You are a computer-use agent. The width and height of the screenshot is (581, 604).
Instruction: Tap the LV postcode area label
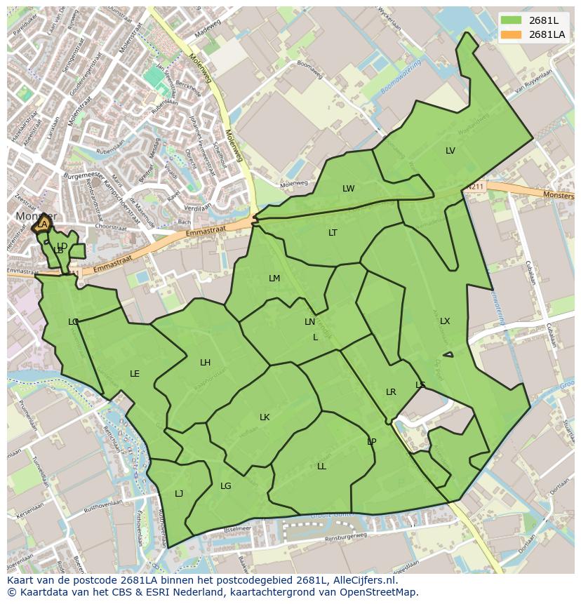(x=450, y=151)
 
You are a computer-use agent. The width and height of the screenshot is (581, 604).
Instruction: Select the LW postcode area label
(x=349, y=189)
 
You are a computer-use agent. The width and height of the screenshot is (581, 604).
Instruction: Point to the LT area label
(x=333, y=233)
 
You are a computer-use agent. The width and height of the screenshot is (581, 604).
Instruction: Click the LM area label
(x=274, y=278)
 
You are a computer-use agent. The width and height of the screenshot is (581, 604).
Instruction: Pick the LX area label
(x=445, y=321)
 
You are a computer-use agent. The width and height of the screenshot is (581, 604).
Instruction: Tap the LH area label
(x=205, y=363)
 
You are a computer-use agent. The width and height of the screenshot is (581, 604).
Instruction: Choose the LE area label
(x=135, y=374)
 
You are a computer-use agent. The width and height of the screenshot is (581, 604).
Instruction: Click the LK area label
(x=265, y=417)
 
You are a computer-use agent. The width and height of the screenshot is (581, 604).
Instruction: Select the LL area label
(x=321, y=467)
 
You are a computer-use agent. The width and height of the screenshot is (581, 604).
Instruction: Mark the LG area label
(x=226, y=486)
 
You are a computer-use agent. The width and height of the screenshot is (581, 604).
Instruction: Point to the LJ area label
(x=179, y=494)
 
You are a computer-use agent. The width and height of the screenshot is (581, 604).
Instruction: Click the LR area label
(x=391, y=392)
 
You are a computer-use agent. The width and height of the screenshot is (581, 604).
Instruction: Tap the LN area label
(x=309, y=322)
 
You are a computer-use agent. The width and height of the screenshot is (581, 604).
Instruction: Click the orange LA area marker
(x=43, y=224)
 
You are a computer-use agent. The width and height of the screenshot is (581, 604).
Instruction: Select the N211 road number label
(x=476, y=187)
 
